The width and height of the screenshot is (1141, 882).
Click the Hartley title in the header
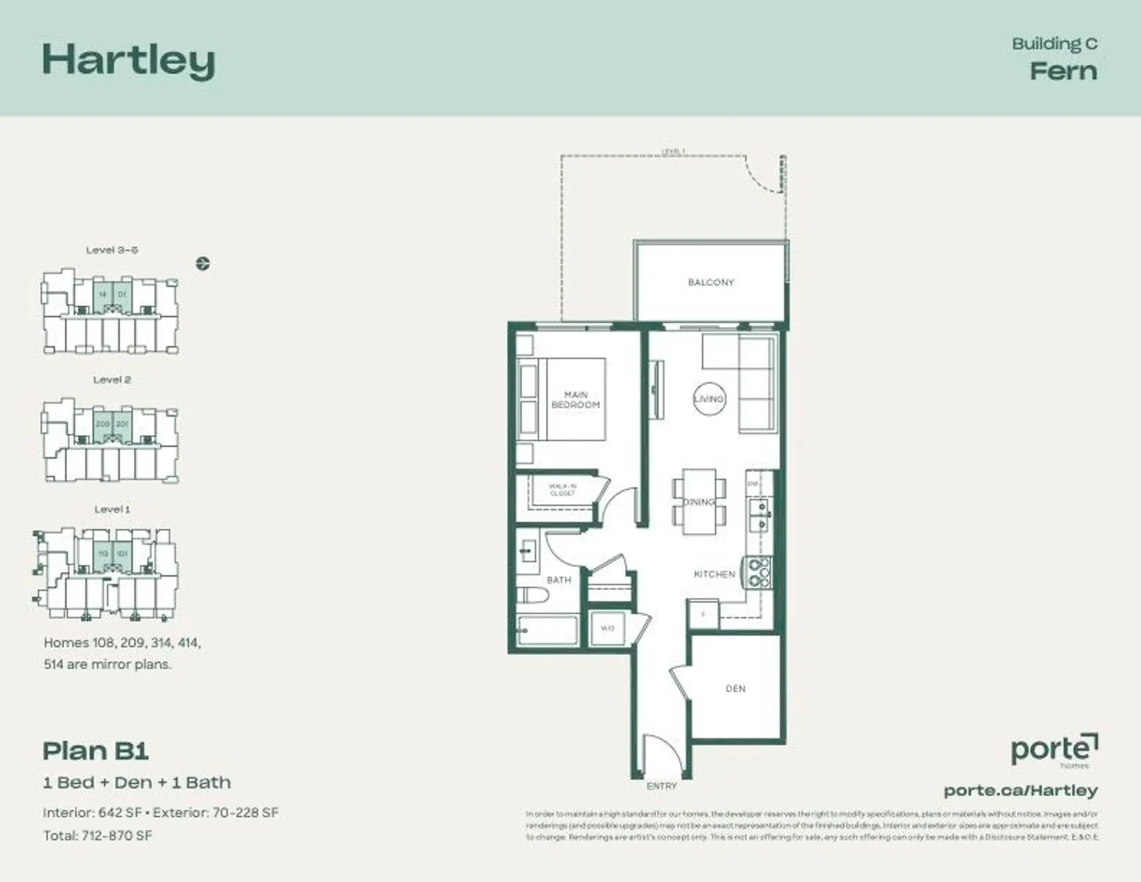click(x=128, y=61)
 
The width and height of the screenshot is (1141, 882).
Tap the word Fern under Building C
click(x=1063, y=71)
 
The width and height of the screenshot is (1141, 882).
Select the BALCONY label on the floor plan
click(x=711, y=282)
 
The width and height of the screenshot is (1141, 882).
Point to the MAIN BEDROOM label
click(x=575, y=399)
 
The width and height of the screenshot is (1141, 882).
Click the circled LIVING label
click(x=709, y=399)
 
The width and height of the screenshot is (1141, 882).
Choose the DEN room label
click(x=735, y=689)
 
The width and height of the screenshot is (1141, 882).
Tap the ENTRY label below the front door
click(x=661, y=786)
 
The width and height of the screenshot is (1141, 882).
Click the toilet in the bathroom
click(x=532, y=596)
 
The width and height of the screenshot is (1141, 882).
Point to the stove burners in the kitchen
click(x=758, y=572)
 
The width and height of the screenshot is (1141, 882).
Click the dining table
click(x=699, y=502)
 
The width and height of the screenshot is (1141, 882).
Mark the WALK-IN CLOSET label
click(x=562, y=490)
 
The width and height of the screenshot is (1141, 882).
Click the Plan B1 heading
click(x=96, y=751)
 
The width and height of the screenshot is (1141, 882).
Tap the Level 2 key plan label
click(x=112, y=380)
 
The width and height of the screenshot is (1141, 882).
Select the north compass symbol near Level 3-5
click(x=203, y=263)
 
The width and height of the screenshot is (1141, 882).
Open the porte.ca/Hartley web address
click(x=1020, y=790)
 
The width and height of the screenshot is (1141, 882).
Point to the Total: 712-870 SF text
click(x=97, y=836)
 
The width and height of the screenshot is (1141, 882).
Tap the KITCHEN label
click(x=714, y=574)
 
